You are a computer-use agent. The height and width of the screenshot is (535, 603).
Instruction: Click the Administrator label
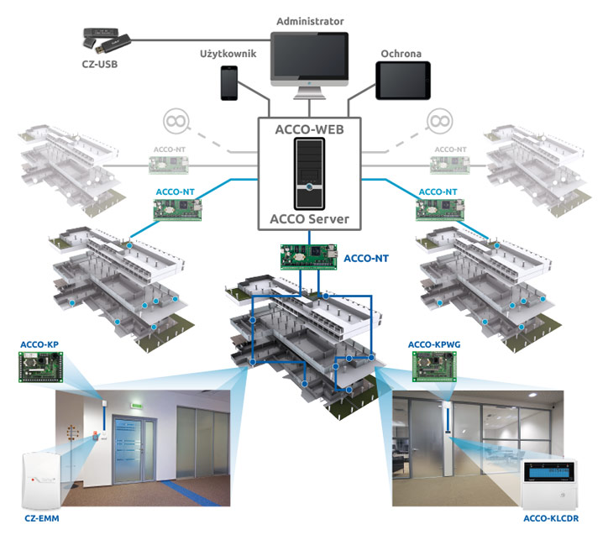[310, 21]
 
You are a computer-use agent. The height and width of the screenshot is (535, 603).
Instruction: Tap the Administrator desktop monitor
[310, 65]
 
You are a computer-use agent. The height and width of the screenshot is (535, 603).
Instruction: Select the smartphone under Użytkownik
[228, 83]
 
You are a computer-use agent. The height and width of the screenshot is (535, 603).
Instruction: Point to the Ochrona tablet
[402, 81]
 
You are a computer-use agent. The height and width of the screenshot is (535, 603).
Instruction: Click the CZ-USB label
[100, 64]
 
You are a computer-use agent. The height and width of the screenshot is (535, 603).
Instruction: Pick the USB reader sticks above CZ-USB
[107, 40]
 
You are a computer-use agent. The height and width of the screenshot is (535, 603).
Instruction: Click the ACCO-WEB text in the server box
[310, 129]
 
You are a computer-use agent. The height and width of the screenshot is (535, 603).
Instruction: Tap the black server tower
[309, 174]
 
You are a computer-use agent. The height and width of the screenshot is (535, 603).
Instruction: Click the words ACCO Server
[310, 219]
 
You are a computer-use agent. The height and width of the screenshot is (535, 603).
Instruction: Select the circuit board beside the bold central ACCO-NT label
[309, 257]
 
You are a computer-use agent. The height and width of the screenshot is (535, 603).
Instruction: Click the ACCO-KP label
[39, 344]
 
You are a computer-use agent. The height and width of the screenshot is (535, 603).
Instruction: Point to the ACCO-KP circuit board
[41, 367]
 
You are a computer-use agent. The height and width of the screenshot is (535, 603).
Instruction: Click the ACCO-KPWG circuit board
[434, 366]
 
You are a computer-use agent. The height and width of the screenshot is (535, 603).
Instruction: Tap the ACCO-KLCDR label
[551, 518]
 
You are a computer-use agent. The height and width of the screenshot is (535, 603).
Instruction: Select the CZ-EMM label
[42, 518]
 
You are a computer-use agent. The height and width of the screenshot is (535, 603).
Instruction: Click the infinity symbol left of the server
[176, 121]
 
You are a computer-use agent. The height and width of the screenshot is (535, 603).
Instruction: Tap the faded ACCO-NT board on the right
[449, 165]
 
